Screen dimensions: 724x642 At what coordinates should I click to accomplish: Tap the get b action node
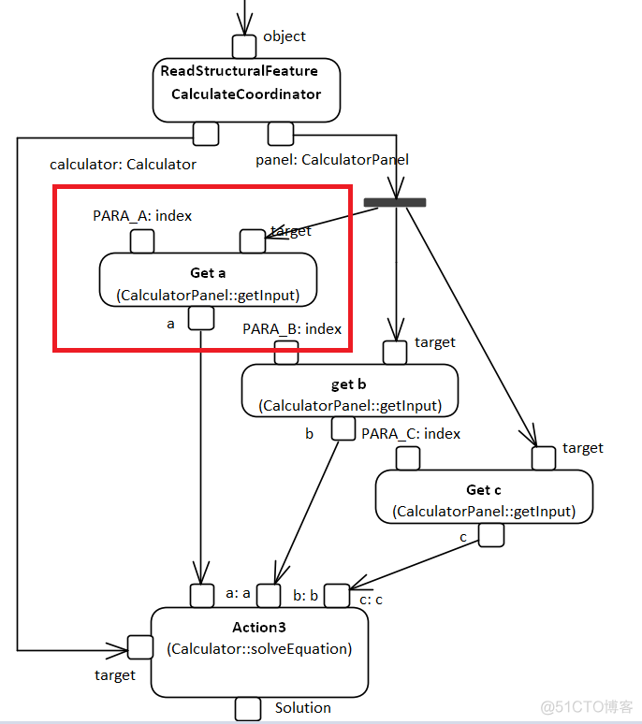tap(350, 394)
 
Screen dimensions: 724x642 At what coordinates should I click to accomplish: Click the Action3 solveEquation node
tap(259, 649)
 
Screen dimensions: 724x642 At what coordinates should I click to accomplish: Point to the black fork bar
tap(395, 202)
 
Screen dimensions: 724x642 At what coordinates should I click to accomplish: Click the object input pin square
tap(244, 46)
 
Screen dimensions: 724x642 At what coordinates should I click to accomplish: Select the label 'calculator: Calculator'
tap(123, 165)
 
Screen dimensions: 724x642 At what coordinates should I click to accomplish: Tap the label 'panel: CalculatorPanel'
tap(332, 160)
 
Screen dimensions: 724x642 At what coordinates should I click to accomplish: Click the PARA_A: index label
tap(142, 216)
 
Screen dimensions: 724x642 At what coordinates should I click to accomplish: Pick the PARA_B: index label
tap(292, 328)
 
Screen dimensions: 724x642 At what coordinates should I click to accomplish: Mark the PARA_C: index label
tap(411, 434)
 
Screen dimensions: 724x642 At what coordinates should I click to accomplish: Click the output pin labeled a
tap(201, 320)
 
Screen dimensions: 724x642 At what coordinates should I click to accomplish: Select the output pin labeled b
tap(343, 430)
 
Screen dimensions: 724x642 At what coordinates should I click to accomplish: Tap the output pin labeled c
tap(491, 535)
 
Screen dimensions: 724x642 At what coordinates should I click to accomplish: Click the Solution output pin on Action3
tap(247, 709)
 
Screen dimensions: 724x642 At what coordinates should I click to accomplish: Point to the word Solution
tap(302, 708)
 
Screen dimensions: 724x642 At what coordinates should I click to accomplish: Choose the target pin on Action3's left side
tap(140, 647)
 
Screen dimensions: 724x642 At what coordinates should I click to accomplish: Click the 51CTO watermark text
tap(587, 706)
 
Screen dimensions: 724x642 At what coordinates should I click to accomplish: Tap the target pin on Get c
tap(544, 458)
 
